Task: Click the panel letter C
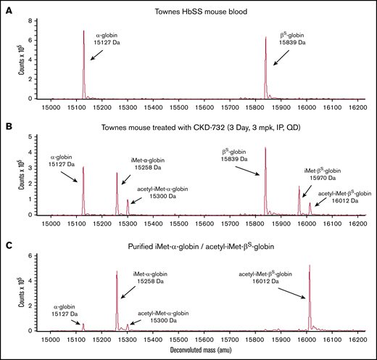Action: pyautogui.click(x=5, y=238)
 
